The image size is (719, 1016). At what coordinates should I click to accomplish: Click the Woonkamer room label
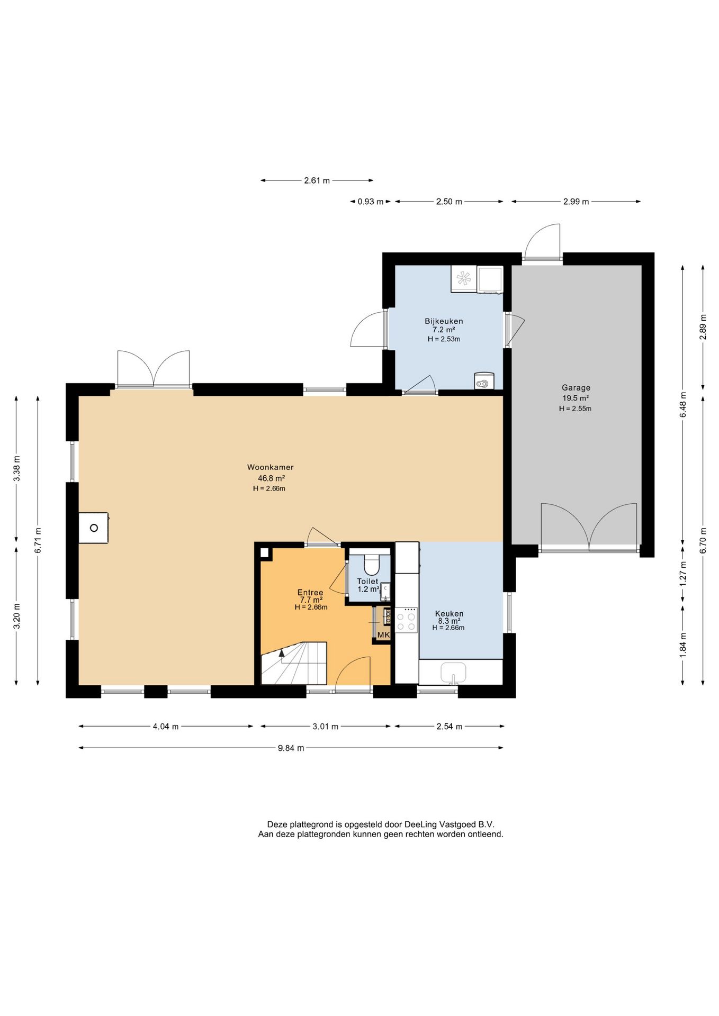270,467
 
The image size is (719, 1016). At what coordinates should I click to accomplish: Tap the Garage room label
576,388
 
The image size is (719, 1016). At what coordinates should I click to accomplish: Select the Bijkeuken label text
444,321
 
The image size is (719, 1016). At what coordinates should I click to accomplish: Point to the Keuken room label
449,614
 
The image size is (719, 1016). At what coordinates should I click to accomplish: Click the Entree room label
310,593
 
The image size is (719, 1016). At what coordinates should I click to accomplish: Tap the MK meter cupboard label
383,634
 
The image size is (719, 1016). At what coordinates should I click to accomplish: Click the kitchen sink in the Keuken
453,673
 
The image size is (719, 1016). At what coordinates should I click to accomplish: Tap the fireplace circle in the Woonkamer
94,528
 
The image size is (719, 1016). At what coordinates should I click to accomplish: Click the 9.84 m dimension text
291,748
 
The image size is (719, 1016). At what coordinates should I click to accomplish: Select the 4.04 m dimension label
166,727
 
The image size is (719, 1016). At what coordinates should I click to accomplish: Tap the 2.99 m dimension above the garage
576,202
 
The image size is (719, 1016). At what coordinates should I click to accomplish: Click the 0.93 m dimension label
371,202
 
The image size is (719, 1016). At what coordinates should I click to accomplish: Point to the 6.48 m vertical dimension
683,405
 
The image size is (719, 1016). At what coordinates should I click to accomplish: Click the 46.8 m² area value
272,478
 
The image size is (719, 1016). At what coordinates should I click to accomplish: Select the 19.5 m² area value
576,398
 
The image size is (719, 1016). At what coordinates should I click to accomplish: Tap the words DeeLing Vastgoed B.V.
450,824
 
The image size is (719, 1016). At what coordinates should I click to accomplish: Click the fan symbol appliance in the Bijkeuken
464,278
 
